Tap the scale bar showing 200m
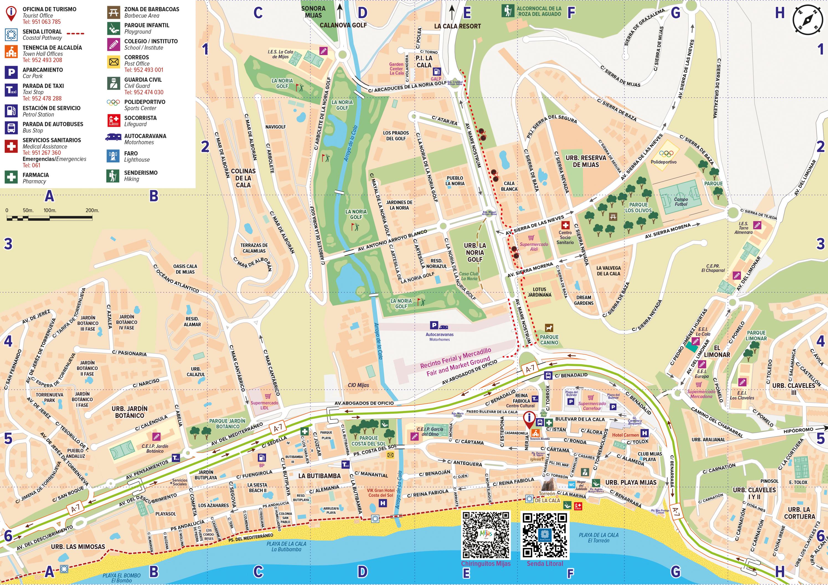click(49, 218)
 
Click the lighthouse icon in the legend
click(113, 156)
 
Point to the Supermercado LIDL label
click(264, 405)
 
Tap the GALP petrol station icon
click(436, 72)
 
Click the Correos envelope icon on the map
click(390, 455)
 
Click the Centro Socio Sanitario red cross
click(565, 225)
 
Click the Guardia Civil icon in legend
click(114, 83)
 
